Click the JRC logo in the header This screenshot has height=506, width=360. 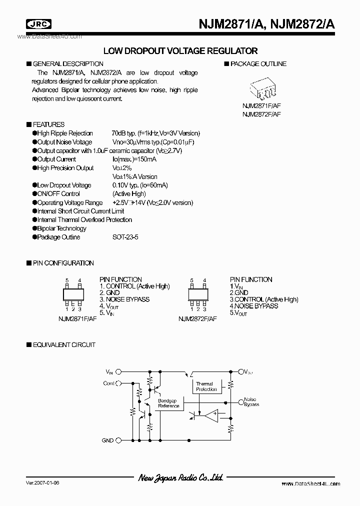(32, 23)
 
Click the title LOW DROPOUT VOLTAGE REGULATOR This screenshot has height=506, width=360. (180, 51)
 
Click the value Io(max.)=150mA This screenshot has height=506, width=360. (134, 159)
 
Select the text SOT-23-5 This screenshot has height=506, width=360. (125, 237)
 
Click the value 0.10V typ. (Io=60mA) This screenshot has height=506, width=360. (140, 185)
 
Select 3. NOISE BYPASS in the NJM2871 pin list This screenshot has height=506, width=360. (124, 299)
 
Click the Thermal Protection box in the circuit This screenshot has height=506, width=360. (206, 386)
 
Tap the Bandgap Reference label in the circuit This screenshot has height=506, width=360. (168, 403)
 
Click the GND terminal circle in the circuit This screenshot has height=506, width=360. (118, 440)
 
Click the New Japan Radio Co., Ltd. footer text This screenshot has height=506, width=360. (180, 478)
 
